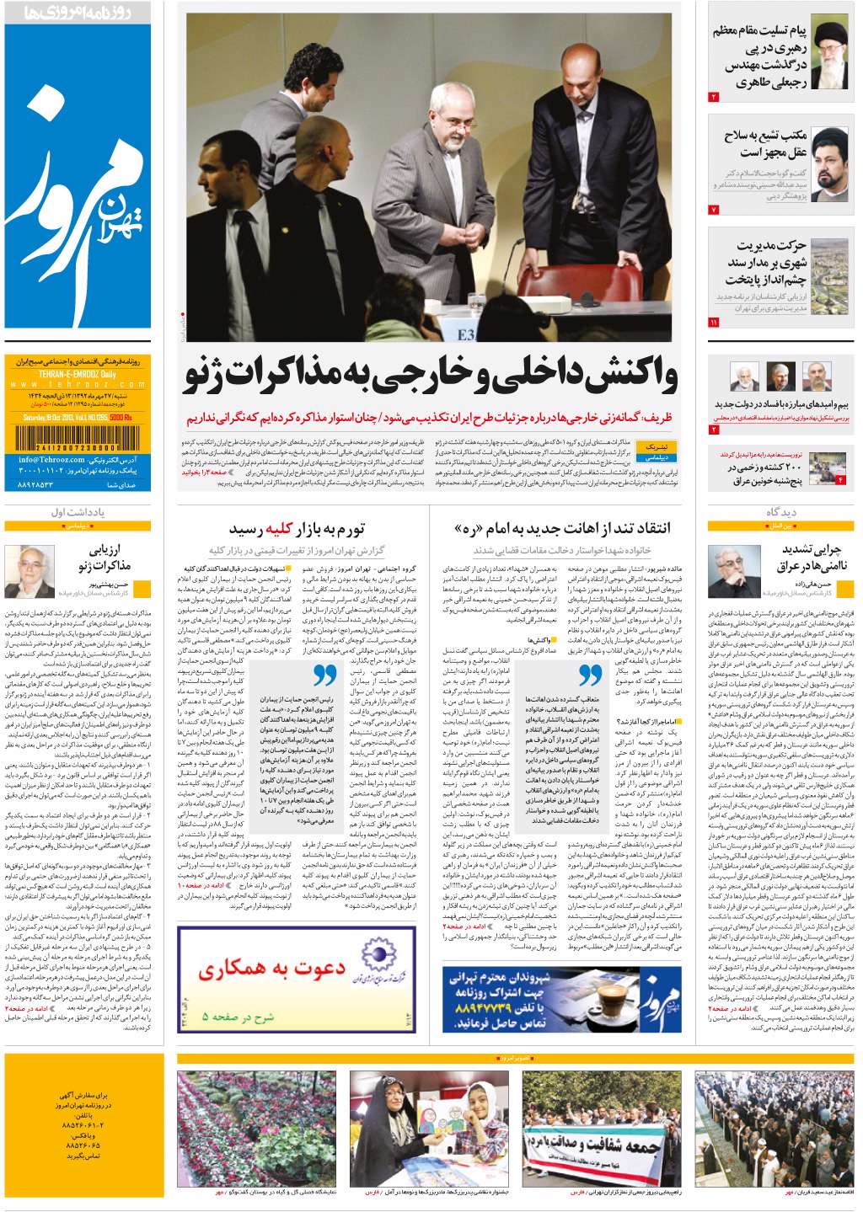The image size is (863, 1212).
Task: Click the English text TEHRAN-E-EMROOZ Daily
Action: coord(67,373)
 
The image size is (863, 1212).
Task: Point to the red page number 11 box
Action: coord(714,323)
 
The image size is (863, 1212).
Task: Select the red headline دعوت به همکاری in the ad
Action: coord(271,972)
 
